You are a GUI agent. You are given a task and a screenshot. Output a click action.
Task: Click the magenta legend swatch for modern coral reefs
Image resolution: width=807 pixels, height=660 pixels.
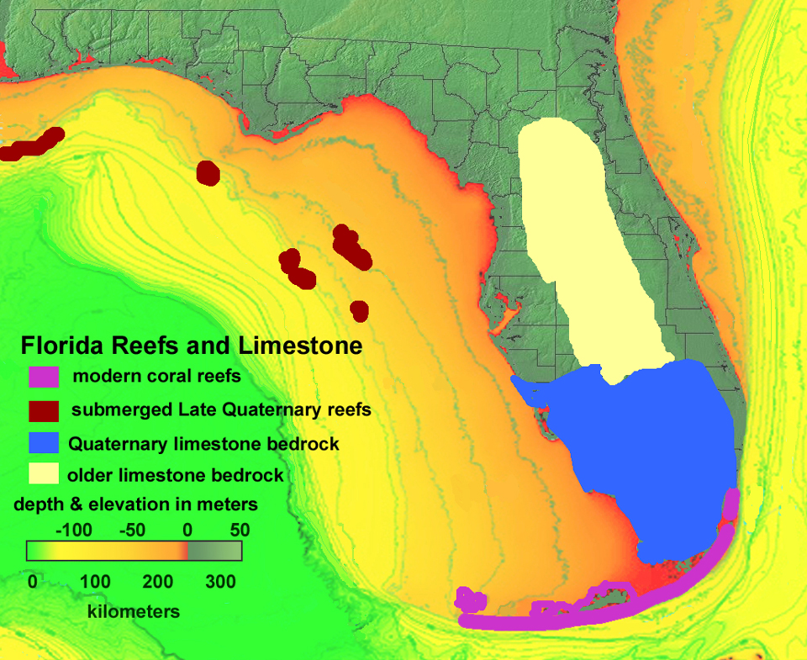click(43, 377)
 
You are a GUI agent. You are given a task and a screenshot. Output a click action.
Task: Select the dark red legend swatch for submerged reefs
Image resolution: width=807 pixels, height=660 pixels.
click(43, 410)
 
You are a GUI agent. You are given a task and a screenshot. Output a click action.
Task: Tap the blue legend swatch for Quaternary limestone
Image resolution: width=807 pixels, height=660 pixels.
click(43, 443)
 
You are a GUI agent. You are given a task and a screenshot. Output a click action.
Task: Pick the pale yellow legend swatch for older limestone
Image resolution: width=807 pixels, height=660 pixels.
click(43, 475)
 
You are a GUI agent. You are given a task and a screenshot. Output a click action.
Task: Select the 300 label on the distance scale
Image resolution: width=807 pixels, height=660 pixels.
click(220, 581)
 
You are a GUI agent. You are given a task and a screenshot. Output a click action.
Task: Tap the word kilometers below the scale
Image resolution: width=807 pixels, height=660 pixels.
click(134, 611)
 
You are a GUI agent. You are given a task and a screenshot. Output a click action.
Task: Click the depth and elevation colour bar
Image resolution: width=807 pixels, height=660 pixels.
click(134, 551)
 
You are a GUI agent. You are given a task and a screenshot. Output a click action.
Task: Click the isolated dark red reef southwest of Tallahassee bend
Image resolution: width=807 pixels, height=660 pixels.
click(207, 173)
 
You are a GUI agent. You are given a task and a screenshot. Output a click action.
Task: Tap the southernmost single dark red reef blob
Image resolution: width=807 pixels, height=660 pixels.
click(360, 310)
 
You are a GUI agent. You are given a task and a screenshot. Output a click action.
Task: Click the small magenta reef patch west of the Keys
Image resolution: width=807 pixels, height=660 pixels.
click(470, 599)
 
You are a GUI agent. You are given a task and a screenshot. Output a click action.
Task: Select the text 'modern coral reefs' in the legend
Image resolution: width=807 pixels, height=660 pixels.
click(157, 376)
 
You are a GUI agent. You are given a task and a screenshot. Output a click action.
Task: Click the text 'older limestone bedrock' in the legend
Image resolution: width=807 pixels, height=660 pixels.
click(177, 475)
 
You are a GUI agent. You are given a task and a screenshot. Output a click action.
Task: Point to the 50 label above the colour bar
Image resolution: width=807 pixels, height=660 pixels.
click(240, 531)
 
